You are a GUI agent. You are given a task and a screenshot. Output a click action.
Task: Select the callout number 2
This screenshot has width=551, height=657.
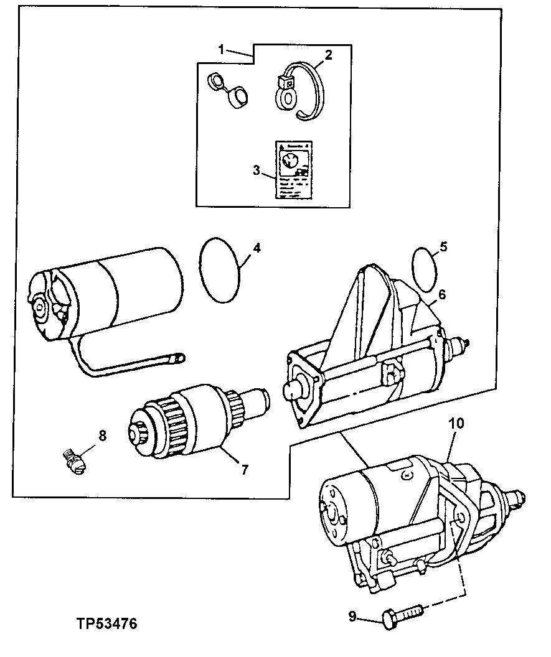coord(328,55)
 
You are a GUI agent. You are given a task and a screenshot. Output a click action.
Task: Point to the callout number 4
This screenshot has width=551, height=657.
coord(256,248)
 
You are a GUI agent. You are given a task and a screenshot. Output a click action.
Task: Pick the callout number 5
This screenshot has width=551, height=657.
coord(443,247)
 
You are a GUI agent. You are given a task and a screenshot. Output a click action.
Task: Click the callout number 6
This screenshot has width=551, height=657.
coord(441,295)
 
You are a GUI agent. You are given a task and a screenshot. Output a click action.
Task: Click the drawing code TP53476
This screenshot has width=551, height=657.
coord(106,623)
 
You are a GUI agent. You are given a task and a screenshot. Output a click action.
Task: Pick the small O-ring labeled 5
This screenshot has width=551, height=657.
coord(425,268)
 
